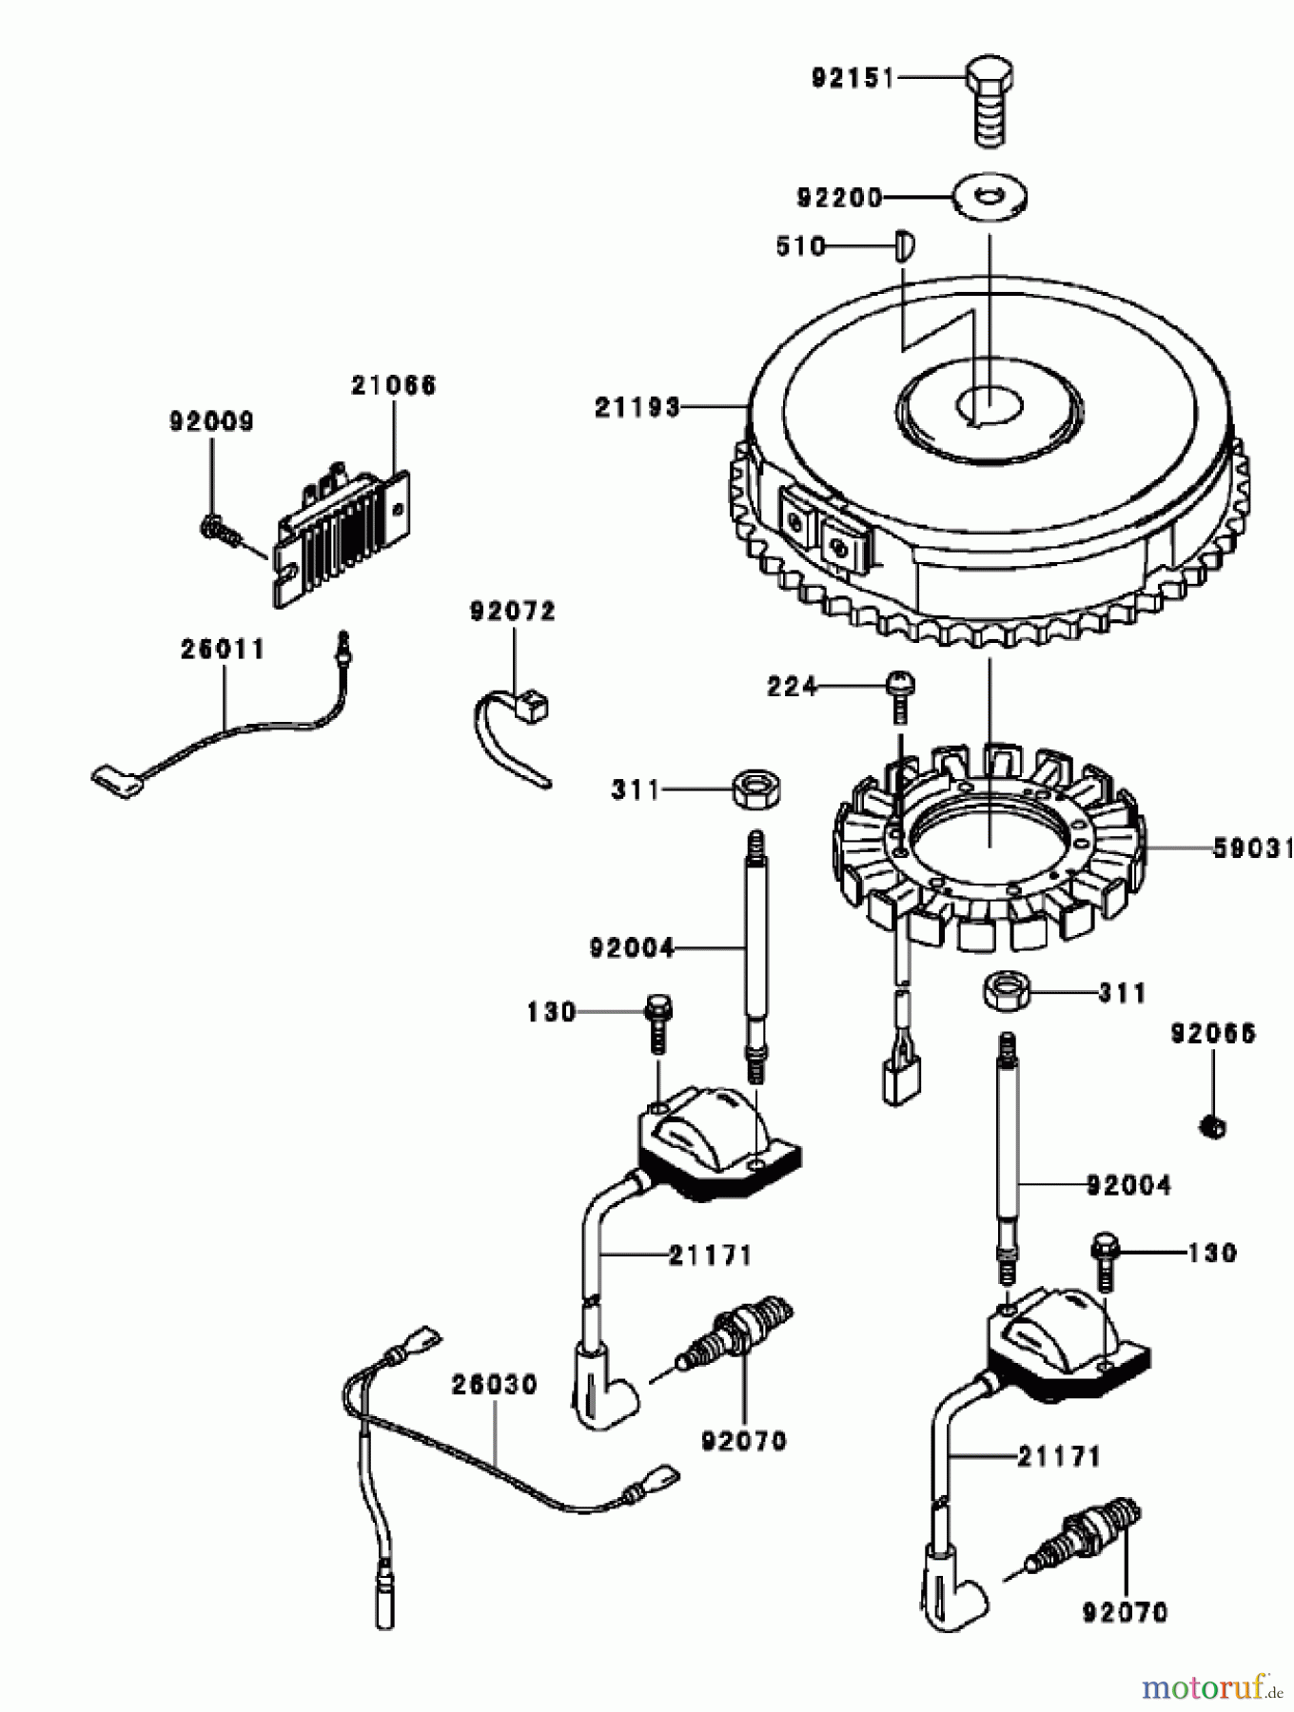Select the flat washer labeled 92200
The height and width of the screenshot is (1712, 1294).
tap(990, 197)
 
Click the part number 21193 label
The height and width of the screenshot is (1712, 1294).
tap(637, 407)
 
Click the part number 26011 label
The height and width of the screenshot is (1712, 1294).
tap(223, 650)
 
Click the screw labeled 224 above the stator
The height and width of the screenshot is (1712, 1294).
tap(899, 692)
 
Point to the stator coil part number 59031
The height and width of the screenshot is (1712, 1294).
tap(1252, 847)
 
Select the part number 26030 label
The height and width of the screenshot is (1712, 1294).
tap(494, 1384)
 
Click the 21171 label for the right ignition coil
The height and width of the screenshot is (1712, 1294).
tap(1058, 1455)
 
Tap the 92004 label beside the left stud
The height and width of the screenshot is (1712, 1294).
tap(632, 947)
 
